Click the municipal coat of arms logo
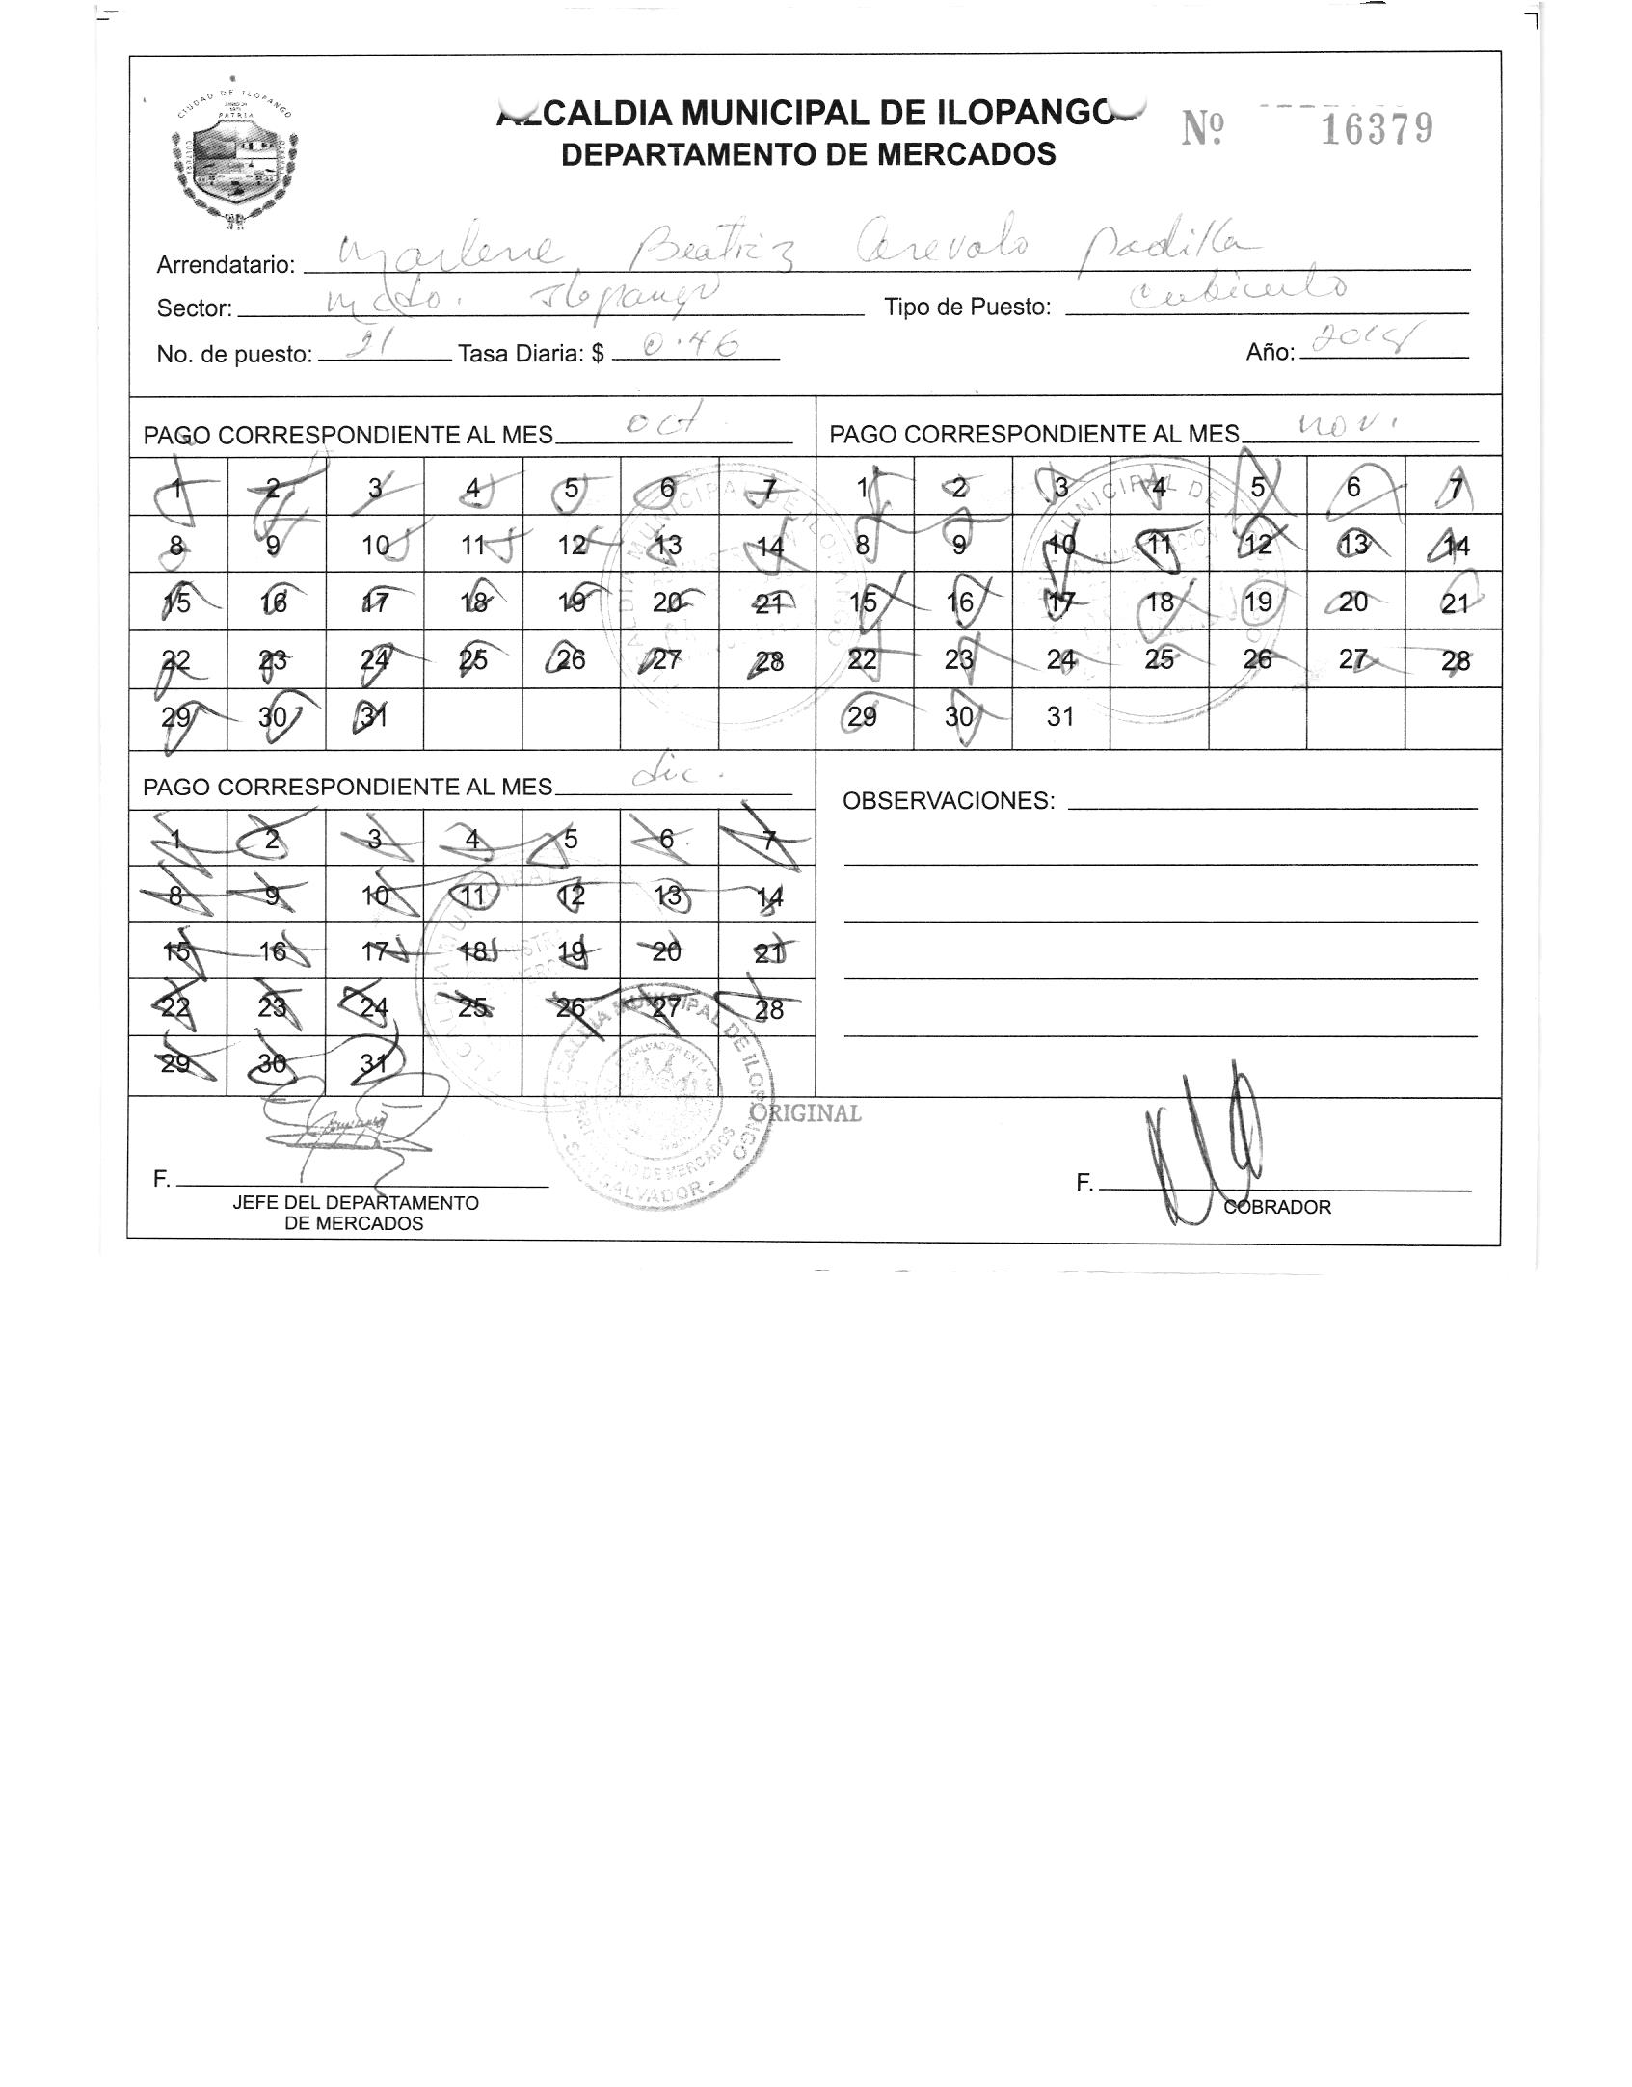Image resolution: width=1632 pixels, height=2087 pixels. (234, 155)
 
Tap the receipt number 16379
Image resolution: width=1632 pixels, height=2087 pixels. (1376, 128)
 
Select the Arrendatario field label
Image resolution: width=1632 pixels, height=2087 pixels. (226, 265)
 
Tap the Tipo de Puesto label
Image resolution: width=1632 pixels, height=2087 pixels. (967, 308)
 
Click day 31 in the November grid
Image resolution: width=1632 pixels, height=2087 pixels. (1060, 717)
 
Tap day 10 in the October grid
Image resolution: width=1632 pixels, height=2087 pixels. (375, 546)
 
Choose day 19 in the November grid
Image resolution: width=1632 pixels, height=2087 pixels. (1258, 602)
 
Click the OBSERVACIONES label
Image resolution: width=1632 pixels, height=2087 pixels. (949, 801)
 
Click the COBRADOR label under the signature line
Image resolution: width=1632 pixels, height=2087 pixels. (1277, 1207)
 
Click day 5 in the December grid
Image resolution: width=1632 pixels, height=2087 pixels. (571, 840)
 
